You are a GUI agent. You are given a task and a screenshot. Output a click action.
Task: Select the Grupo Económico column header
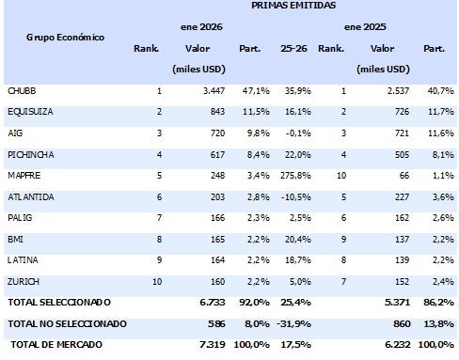point(65,38)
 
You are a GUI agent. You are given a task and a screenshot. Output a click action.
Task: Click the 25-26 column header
point(293,48)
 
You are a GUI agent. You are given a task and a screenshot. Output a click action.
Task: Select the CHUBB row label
point(23,90)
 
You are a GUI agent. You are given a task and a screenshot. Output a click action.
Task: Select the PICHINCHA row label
point(30,153)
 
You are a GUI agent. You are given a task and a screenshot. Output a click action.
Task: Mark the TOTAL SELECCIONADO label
point(58,302)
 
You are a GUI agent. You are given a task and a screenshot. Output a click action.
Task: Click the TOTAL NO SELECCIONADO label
point(67,322)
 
